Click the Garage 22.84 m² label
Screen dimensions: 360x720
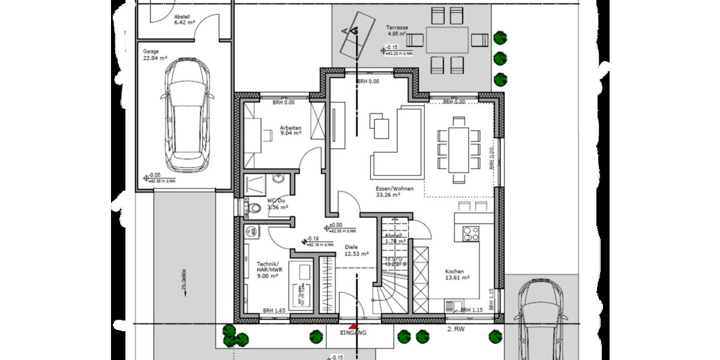(155, 55)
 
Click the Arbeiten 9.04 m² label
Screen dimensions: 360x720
(290, 131)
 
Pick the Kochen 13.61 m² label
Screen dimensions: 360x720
(457, 274)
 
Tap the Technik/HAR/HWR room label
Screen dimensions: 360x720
(267, 270)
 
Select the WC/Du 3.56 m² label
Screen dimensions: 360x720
(277, 204)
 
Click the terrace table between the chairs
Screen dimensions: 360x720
(448, 40)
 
